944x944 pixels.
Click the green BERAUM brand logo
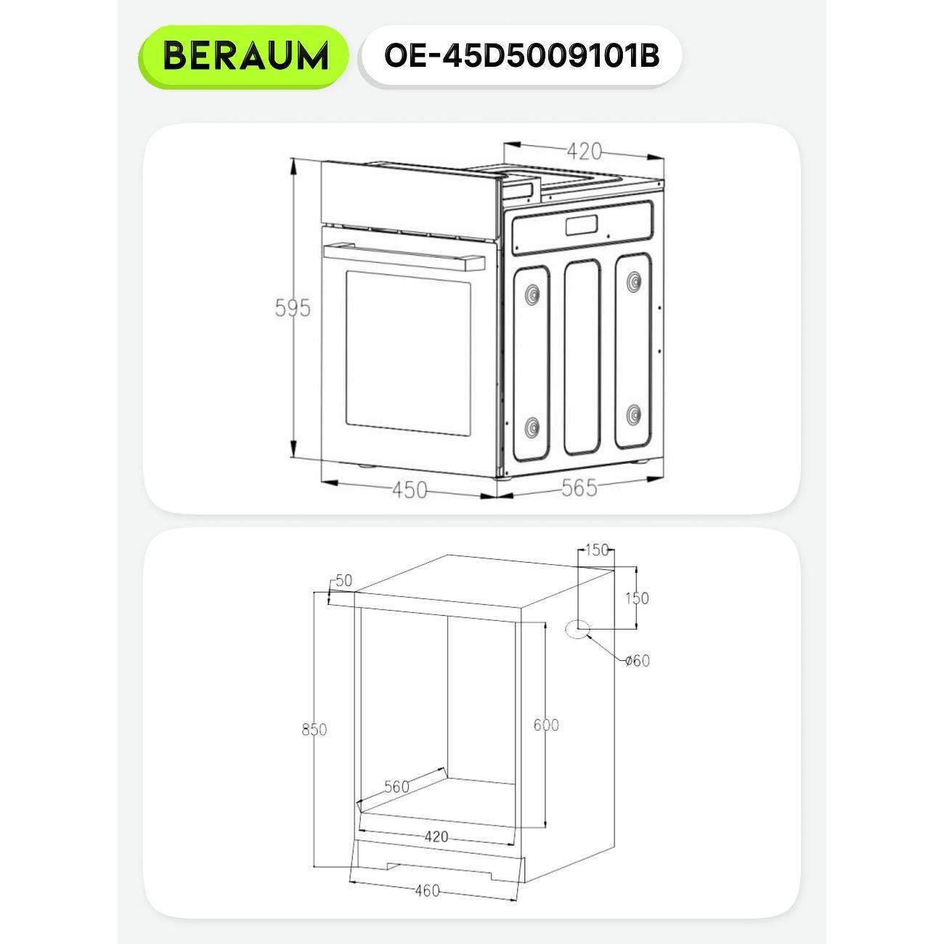pos(243,57)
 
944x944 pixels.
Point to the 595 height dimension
pos(293,308)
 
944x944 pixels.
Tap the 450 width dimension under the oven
pos(410,490)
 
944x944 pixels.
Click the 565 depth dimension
pos(579,487)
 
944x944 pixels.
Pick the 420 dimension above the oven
pos(584,151)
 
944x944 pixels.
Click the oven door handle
pos(404,256)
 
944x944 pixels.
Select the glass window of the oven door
pos(408,354)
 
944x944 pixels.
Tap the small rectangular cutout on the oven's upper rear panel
pos(582,226)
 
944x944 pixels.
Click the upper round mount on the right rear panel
pos(634,281)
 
